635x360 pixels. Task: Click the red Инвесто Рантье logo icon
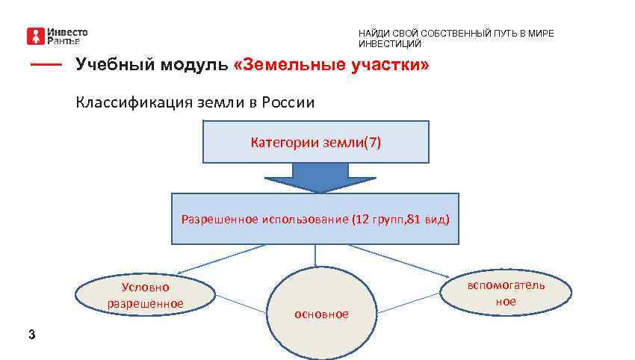(36, 36)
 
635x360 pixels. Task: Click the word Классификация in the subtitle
(127, 102)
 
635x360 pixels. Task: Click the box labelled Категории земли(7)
(315, 142)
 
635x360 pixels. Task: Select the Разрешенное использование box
(315, 219)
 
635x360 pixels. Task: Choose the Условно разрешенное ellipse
(146, 294)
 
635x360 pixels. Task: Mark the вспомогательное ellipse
(506, 293)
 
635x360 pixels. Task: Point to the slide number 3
(31, 334)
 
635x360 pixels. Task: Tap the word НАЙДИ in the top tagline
(371, 34)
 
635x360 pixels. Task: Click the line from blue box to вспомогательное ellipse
(403, 258)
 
